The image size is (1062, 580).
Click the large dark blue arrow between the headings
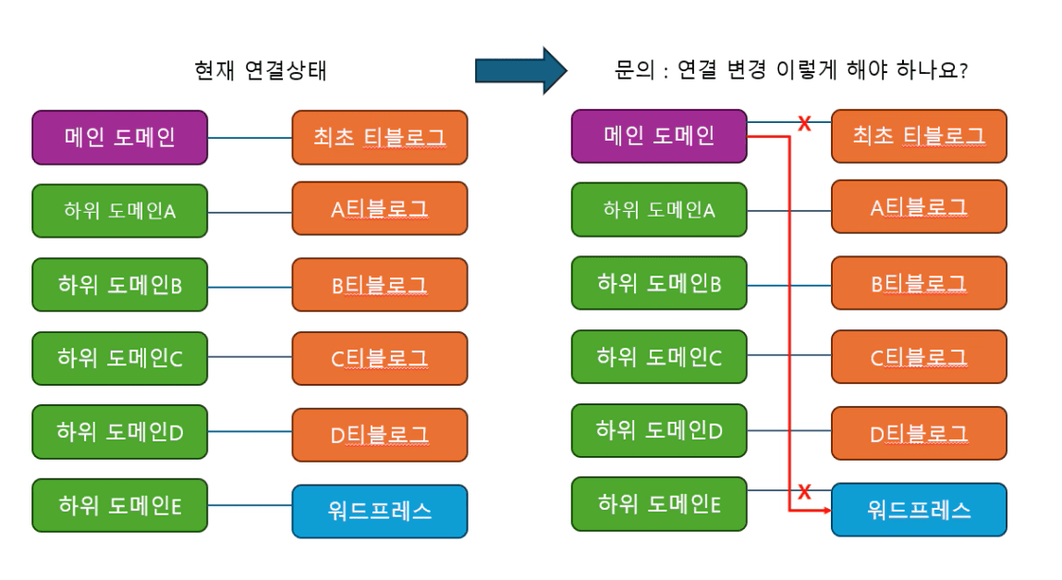pos(519,70)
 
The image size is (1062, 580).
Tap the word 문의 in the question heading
pos(630,70)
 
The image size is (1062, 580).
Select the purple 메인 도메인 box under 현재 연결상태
pos(120,138)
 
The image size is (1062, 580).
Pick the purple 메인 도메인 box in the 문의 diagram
pos(659,136)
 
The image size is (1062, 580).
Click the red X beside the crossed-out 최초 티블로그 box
pos(804,123)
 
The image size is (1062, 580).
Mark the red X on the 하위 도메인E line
pos(804,491)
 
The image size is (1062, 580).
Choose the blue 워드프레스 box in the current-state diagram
pos(380,511)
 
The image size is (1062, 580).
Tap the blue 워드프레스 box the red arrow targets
pos(919,510)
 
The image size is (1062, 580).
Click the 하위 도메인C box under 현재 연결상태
pos(120,358)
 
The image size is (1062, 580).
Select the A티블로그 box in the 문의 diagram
pos(919,207)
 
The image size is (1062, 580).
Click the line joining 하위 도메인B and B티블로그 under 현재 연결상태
pos(250,286)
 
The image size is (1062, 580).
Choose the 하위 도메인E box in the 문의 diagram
pos(659,504)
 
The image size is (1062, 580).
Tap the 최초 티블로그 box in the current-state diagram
pos(380,138)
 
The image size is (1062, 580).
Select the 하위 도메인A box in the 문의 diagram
pos(659,210)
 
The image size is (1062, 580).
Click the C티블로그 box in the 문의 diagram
pos(919,357)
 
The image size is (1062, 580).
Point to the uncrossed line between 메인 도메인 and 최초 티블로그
pos(250,138)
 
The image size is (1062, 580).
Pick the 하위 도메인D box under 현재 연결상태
pos(120,431)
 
